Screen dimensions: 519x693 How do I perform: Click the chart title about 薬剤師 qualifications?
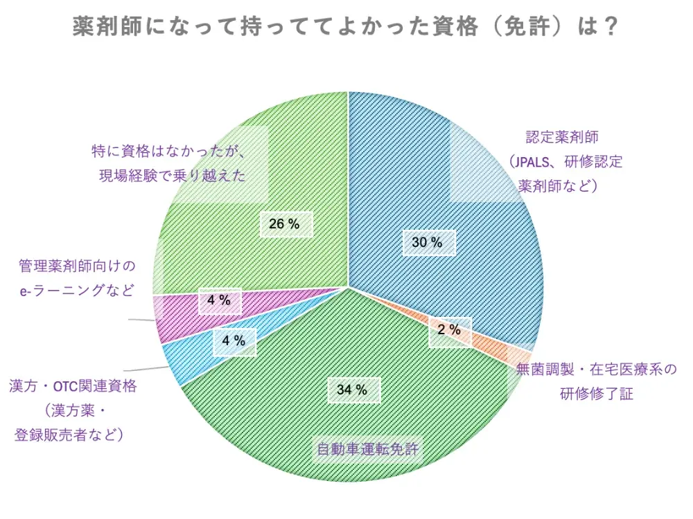346,27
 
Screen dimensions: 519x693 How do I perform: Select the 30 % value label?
427,242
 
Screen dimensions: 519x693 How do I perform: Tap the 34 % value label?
352,390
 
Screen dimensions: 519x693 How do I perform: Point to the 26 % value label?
284,224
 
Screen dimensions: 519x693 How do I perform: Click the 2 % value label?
449,330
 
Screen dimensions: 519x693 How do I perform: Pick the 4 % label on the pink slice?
219,300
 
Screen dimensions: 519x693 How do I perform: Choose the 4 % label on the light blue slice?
234,340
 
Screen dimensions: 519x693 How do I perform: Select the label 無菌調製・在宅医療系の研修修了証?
596,381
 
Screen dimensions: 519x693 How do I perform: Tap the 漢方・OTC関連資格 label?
73,386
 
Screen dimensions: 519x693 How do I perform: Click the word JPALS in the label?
533,162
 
